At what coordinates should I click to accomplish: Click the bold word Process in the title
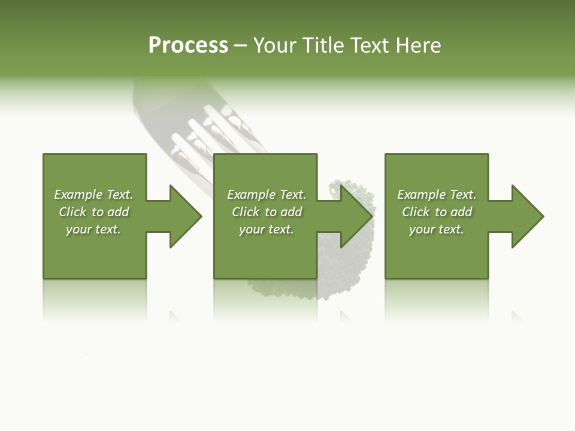coord(188,45)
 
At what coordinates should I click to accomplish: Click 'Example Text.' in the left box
coord(93,195)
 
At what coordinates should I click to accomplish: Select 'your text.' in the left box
coord(93,229)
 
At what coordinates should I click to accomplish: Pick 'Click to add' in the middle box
coord(267,212)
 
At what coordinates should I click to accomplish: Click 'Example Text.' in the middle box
coord(267,195)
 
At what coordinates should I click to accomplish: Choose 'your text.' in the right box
coord(437,229)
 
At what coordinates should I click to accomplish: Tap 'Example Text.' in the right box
coord(437,195)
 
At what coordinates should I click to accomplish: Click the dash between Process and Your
coord(240,45)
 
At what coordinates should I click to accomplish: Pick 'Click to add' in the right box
coord(437,212)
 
